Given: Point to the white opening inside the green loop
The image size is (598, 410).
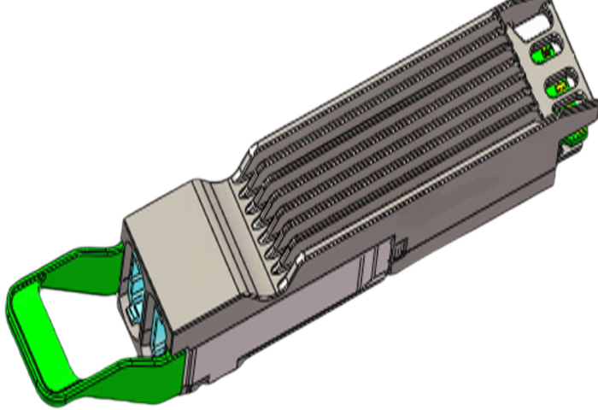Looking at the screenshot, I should [x=73, y=325].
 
